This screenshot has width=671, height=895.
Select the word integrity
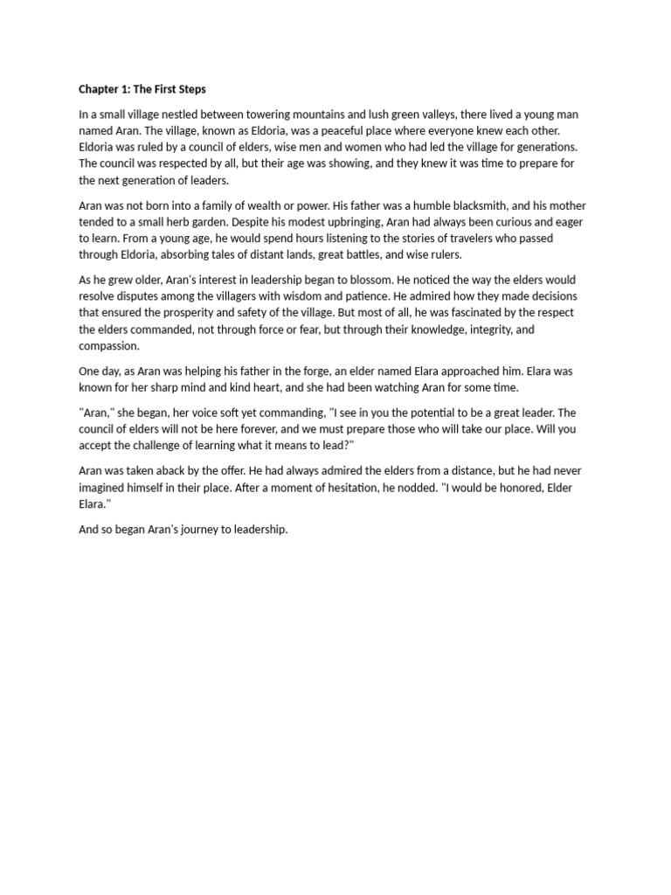[x=492, y=329]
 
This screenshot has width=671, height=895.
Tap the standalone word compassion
[x=109, y=345]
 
